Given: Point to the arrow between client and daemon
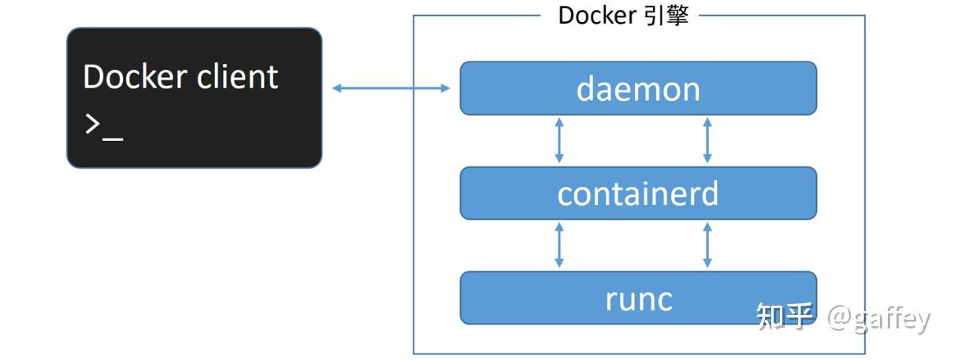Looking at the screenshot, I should pyautogui.click(x=391, y=88).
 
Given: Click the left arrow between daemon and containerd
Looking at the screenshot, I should pyautogui.click(x=559, y=140).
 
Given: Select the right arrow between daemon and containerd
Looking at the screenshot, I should pyautogui.click(x=707, y=140).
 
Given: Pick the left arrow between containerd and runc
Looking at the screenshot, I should pyautogui.click(x=559, y=245).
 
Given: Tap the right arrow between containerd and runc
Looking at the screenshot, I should pyautogui.click(x=707, y=245).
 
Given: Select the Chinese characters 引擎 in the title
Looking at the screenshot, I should pyautogui.click(x=665, y=16).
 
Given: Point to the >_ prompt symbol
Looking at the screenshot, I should pyautogui.click(x=103, y=126).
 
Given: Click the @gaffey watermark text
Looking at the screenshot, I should pyautogui.click(x=878, y=317).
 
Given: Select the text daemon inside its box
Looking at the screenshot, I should pyautogui.click(x=638, y=89).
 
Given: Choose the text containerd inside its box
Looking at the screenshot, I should pyautogui.click(x=638, y=194).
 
